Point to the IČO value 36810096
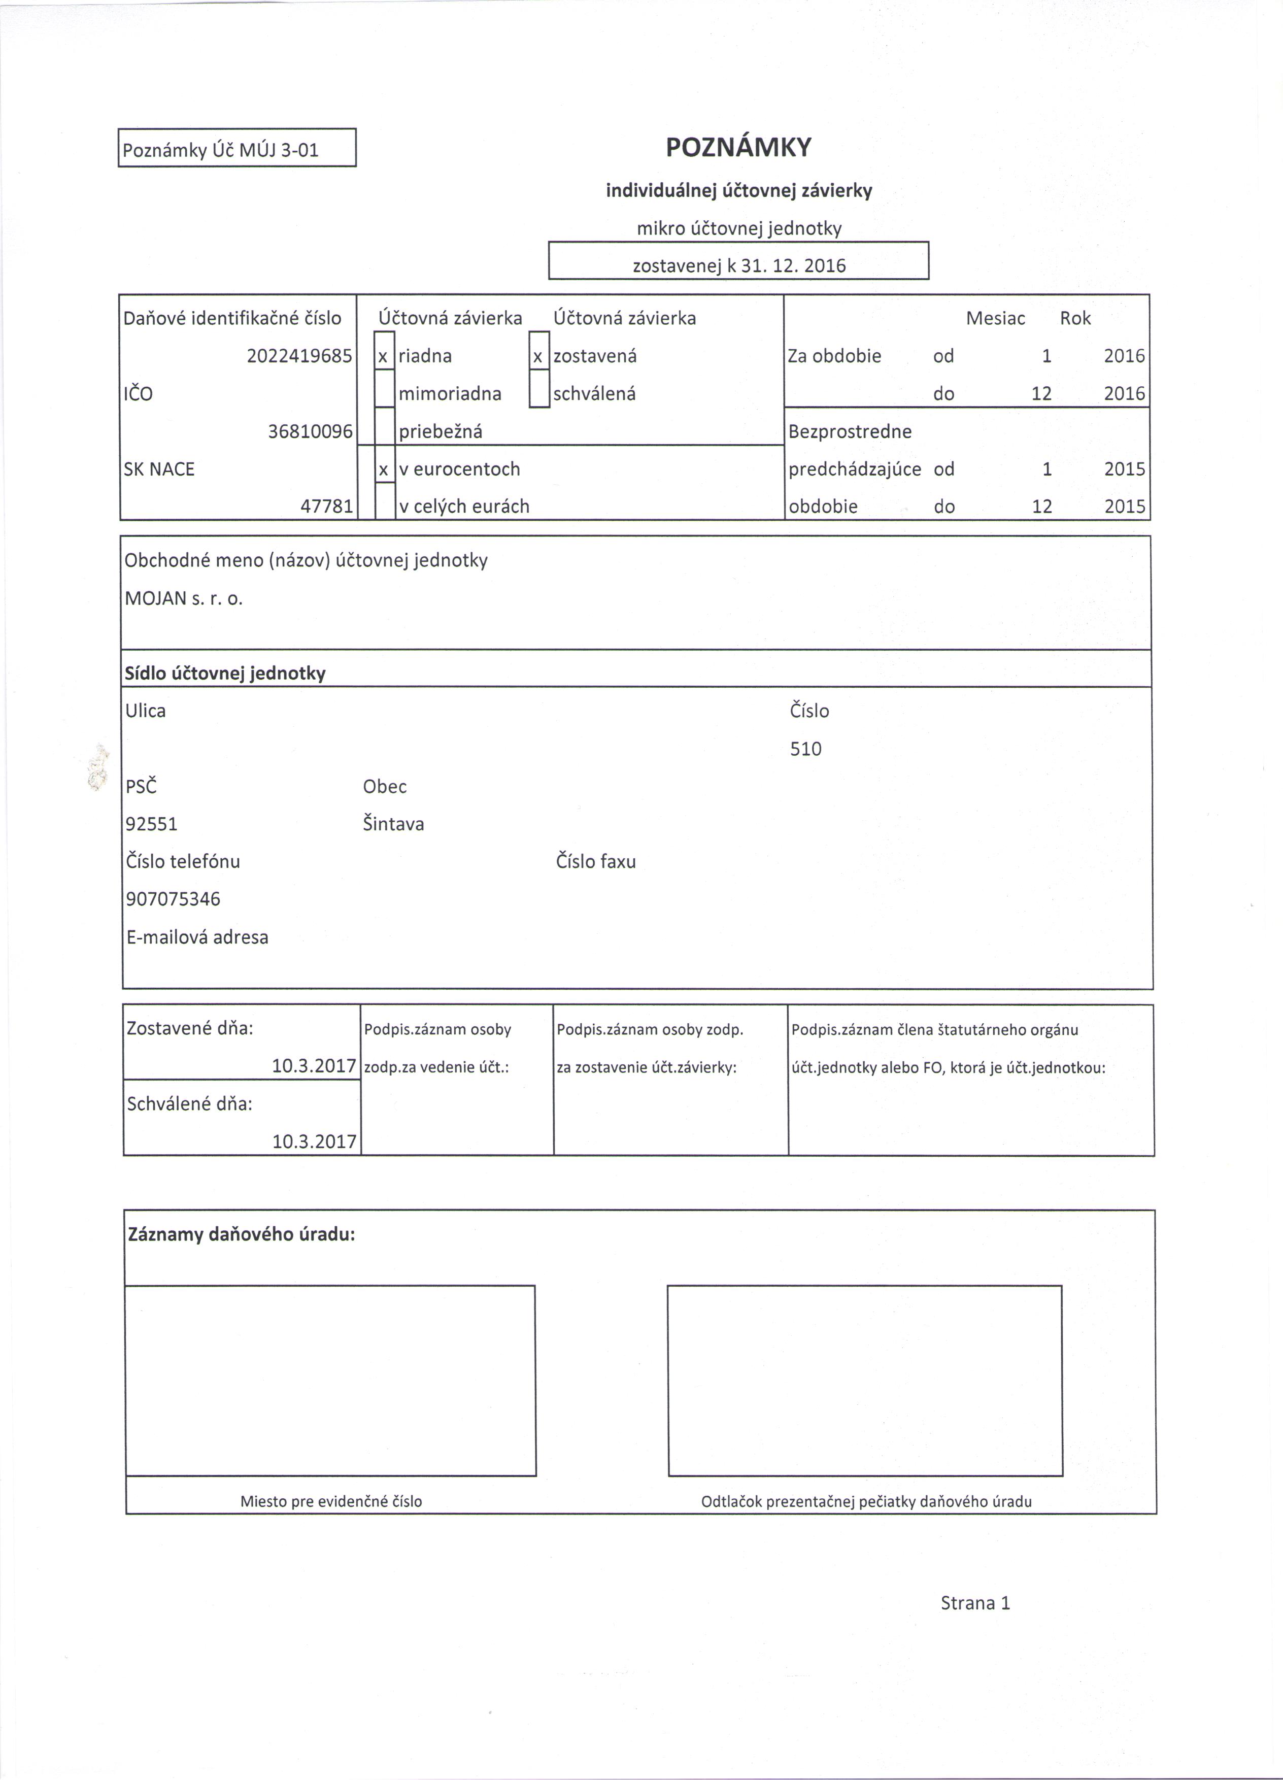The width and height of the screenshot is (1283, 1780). pos(310,431)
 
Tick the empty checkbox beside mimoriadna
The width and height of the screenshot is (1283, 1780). pos(384,394)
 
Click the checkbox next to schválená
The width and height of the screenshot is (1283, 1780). pos(538,394)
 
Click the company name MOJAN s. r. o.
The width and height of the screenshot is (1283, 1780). pos(184,599)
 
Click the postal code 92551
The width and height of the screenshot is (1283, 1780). pos(151,824)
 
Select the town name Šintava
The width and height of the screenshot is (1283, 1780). pos(393,824)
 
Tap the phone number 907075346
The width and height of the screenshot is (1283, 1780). pos(174,899)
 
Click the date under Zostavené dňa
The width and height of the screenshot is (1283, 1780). pos(314,1066)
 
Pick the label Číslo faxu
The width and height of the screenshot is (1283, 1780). pos(596,862)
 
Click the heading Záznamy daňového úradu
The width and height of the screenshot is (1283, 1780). pos(242,1234)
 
